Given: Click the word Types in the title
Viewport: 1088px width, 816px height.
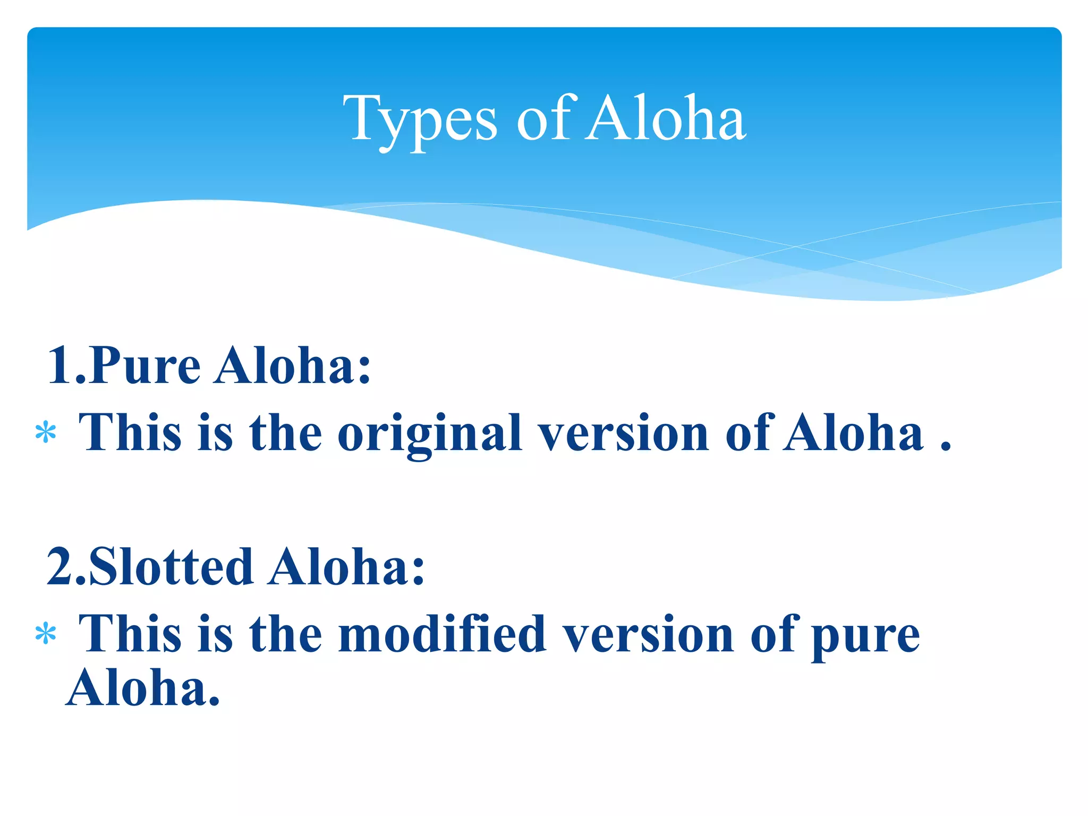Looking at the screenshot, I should [x=420, y=120].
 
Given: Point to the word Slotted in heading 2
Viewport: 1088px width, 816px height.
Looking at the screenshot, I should [x=171, y=567].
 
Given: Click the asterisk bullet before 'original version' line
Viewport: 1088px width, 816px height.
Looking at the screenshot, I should [x=46, y=433].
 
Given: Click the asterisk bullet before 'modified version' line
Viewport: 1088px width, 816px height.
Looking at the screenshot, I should [x=46, y=634].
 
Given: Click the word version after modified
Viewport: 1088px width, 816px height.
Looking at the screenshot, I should [x=648, y=634].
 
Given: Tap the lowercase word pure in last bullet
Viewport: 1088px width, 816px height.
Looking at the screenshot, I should [x=866, y=637].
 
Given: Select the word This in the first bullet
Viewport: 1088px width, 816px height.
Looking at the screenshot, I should [x=130, y=433].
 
